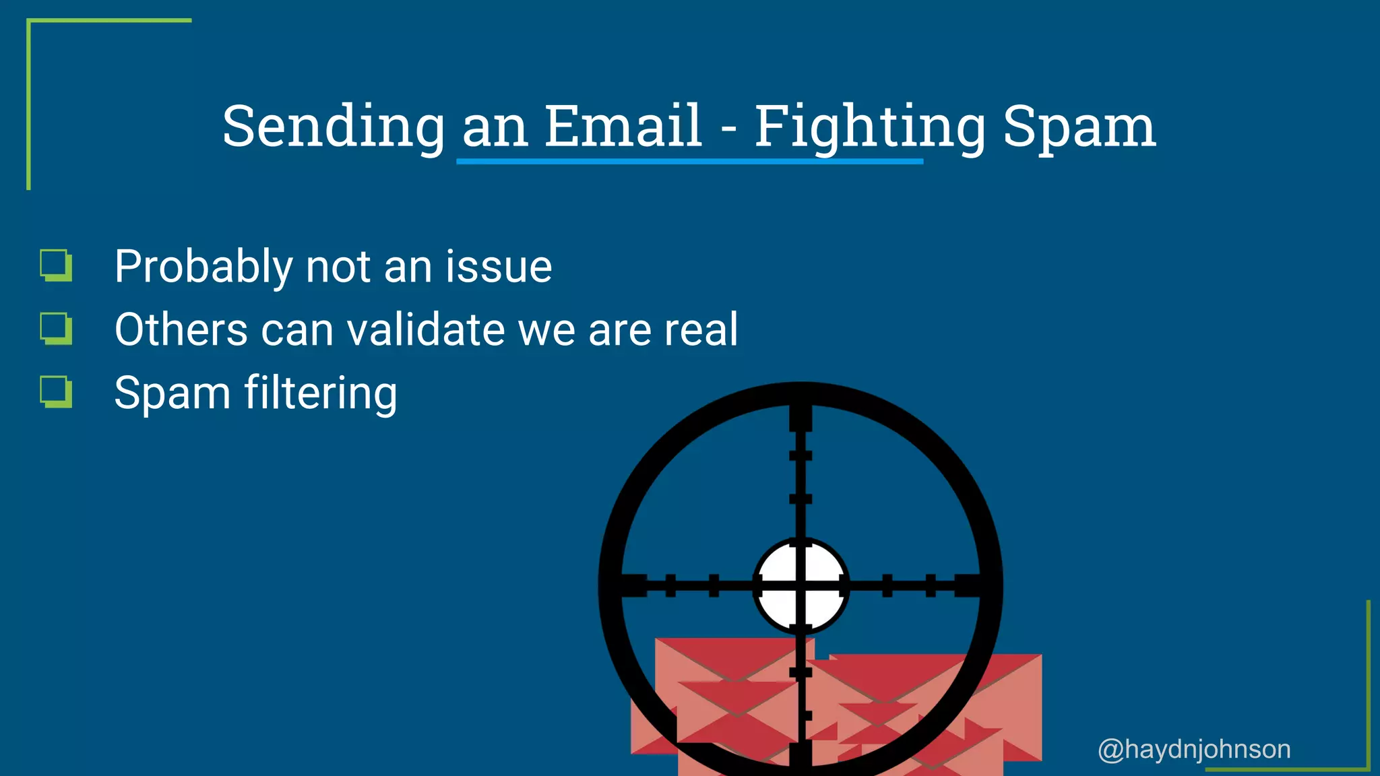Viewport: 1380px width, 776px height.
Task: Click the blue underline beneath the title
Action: (x=689, y=162)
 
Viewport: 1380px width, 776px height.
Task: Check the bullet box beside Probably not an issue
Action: (x=56, y=265)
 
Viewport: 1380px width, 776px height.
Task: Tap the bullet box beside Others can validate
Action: (x=56, y=328)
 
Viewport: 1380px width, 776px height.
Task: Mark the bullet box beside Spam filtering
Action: (x=56, y=391)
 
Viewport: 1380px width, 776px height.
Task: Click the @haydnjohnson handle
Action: (x=1194, y=749)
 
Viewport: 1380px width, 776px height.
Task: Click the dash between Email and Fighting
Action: (x=728, y=128)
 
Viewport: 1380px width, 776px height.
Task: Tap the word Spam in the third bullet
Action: (x=172, y=393)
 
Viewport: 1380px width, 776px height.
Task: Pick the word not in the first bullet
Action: (x=338, y=267)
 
